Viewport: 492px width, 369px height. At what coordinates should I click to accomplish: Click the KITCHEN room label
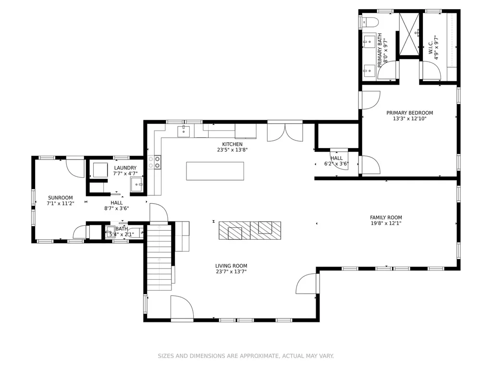(233, 144)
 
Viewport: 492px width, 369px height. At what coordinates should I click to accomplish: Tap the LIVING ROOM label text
(231, 266)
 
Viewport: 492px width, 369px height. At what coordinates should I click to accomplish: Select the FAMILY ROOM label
(386, 218)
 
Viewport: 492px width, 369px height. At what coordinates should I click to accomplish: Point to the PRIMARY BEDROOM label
(410, 112)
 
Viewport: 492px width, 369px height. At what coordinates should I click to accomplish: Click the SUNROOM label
(60, 197)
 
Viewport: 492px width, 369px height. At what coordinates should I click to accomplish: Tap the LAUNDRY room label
(125, 168)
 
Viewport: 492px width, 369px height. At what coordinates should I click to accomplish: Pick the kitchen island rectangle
(215, 171)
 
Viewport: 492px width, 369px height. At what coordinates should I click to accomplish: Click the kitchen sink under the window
(184, 131)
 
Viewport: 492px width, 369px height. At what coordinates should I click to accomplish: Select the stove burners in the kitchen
(154, 162)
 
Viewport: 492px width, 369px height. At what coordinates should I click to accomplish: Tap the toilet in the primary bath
(370, 22)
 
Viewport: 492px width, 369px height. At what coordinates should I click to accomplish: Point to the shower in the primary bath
(409, 34)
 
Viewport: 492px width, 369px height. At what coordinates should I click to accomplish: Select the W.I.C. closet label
(431, 47)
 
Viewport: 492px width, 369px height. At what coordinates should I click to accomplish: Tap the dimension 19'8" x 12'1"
(386, 223)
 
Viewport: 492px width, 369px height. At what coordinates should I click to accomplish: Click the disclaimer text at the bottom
(246, 356)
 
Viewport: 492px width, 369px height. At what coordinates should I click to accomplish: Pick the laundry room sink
(137, 184)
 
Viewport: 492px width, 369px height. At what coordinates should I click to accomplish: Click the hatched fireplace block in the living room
(250, 231)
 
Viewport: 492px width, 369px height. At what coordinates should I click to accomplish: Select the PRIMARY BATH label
(380, 50)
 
